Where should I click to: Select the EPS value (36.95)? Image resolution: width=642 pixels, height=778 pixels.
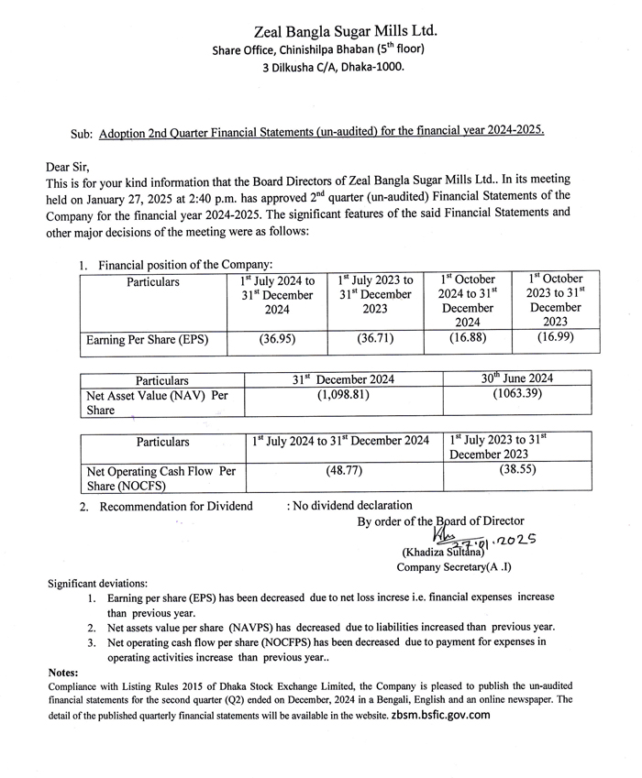[276, 339]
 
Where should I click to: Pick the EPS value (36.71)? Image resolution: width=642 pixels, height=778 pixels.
[375, 339]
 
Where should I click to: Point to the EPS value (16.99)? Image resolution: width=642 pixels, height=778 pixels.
[560, 338]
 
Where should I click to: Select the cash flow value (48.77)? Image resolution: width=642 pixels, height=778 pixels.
[345, 470]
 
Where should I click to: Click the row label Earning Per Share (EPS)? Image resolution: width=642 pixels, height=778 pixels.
[147, 340]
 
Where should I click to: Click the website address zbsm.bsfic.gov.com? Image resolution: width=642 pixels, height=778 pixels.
[437, 715]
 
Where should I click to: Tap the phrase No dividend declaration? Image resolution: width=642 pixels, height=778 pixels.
[349, 505]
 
